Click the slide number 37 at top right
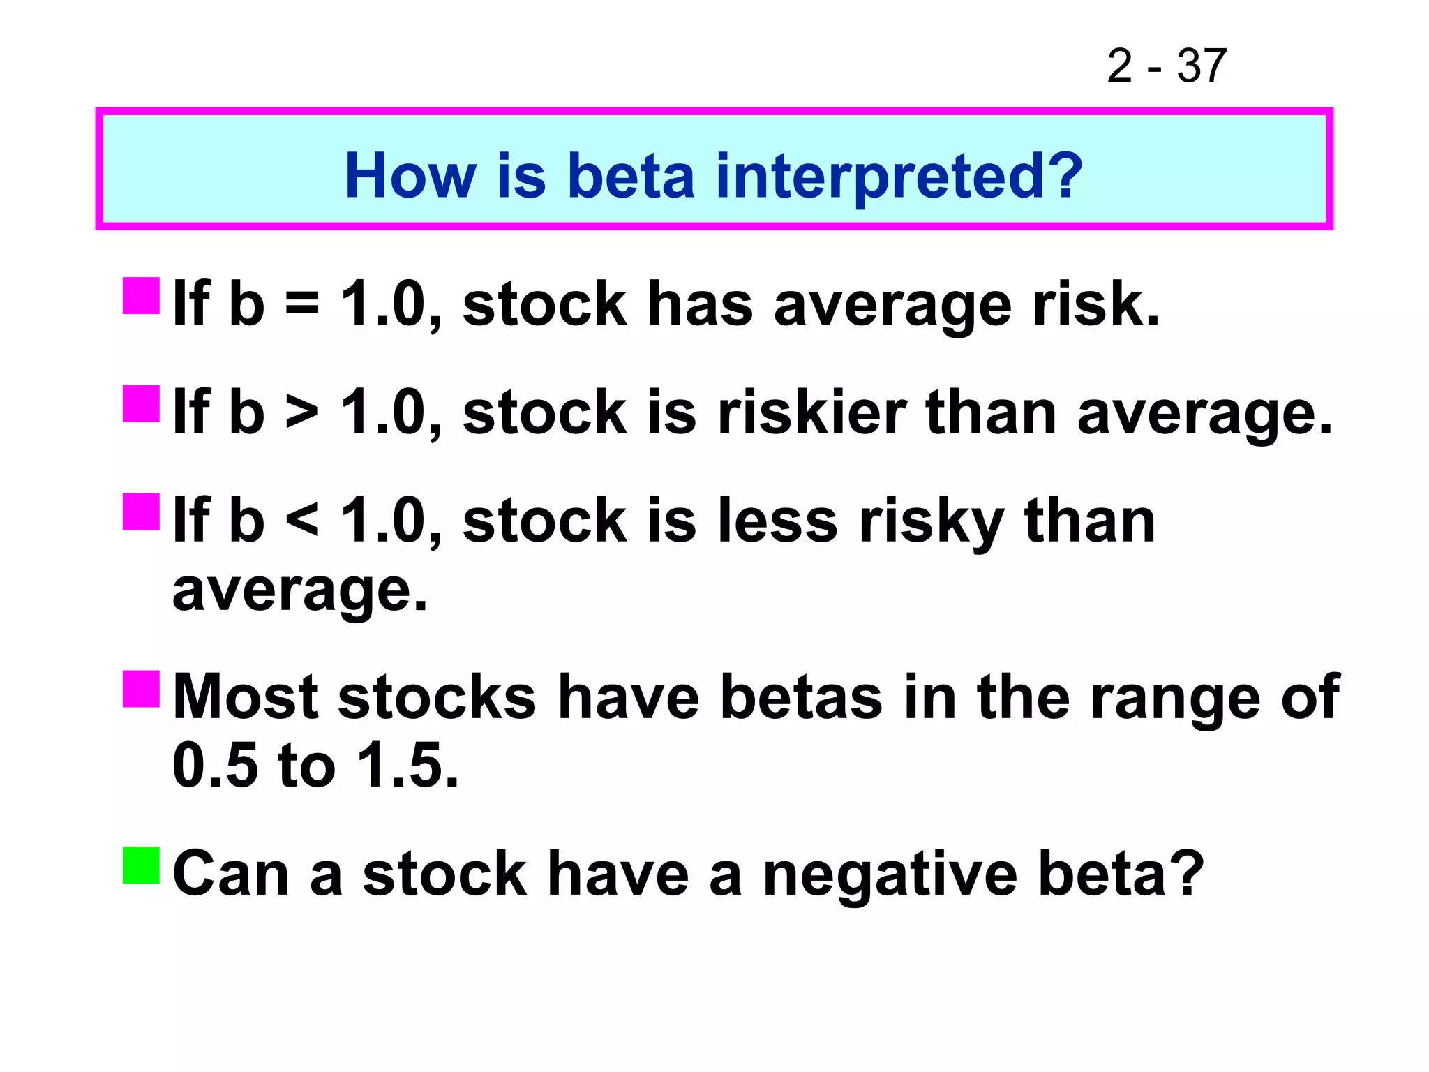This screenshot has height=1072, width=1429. pos(1201,66)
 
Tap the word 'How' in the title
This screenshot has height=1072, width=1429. pos(410,176)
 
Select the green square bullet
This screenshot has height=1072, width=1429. pos(142,865)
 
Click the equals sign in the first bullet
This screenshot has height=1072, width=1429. pos(303,305)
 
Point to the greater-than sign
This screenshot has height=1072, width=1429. pos(303,413)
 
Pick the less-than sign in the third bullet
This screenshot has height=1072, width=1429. pos(303,521)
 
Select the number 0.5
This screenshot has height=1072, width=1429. pos(215,765)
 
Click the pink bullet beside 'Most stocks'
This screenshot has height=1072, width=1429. pos(142,689)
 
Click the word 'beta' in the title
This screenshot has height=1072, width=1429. pos(631,176)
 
